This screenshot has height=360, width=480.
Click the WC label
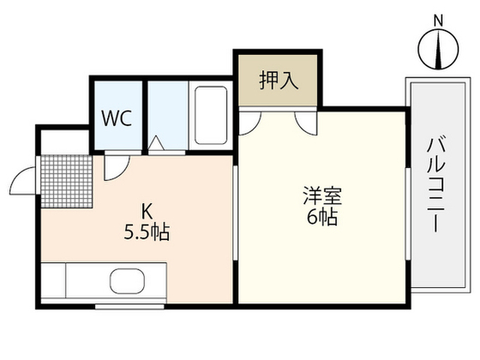point(117,118)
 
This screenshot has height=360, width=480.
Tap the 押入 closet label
point(278,80)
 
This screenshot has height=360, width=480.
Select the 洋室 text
point(322,196)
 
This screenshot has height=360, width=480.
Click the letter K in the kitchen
point(146,211)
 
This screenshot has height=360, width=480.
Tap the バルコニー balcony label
point(436,185)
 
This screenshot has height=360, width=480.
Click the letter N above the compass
point(439,21)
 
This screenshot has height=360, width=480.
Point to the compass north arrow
point(439,49)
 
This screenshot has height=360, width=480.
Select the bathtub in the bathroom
point(211,115)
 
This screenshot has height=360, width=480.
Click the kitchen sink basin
point(127,281)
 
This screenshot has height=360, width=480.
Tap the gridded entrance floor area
point(67,181)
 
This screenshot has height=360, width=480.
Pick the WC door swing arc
point(121,173)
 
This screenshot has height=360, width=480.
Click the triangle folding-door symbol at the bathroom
point(156,142)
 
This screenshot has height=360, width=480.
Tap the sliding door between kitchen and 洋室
point(235,213)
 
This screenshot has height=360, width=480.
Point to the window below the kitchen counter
point(130,306)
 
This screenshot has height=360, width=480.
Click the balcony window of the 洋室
point(408,214)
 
